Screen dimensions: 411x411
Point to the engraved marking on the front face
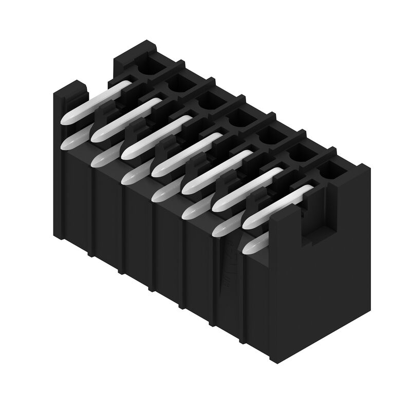(226, 267)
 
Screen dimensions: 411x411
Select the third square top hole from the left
(208, 100)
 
